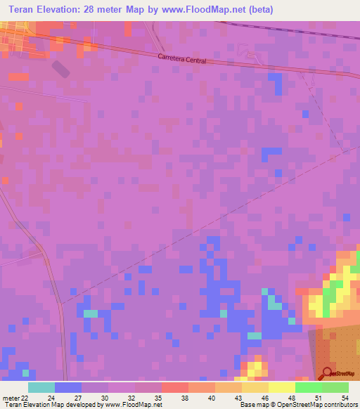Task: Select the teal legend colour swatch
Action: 41,387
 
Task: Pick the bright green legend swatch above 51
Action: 308,387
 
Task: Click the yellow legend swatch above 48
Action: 281,387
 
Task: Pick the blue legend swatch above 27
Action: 67,387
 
